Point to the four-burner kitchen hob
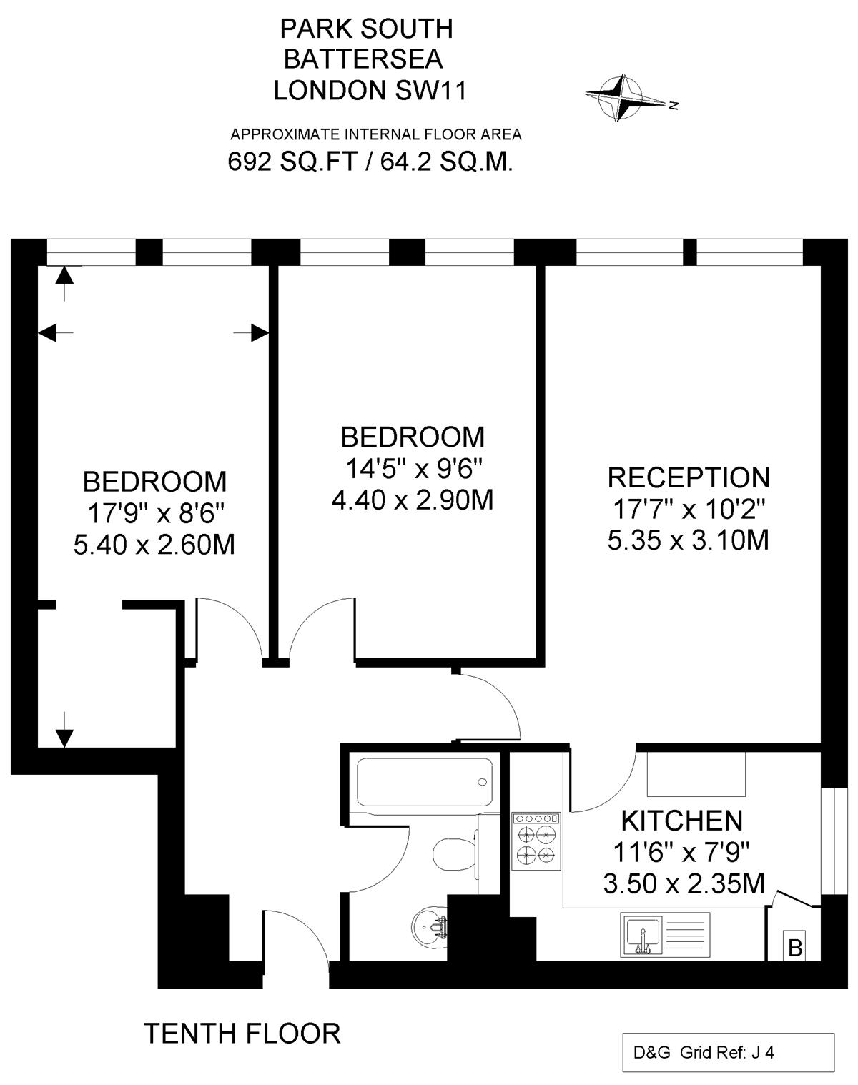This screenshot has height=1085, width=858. click(x=536, y=841)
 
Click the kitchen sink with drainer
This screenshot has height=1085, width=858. click(x=664, y=936)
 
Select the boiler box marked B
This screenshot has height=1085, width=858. click(x=794, y=948)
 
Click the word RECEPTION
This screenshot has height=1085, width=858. click(x=688, y=477)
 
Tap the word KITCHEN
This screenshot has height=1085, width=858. click(x=681, y=821)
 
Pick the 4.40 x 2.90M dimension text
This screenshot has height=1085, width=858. click(x=413, y=500)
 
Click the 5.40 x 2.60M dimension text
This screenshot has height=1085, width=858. click(x=154, y=545)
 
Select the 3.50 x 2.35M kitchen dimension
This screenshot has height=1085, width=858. click(x=684, y=884)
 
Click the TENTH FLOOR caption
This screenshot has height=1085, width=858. click(x=242, y=1034)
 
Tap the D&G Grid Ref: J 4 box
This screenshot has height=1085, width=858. click(x=728, y=1052)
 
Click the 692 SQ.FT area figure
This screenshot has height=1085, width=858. click(x=292, y=162)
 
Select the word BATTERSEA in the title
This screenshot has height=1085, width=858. click(x=363, y=59)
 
